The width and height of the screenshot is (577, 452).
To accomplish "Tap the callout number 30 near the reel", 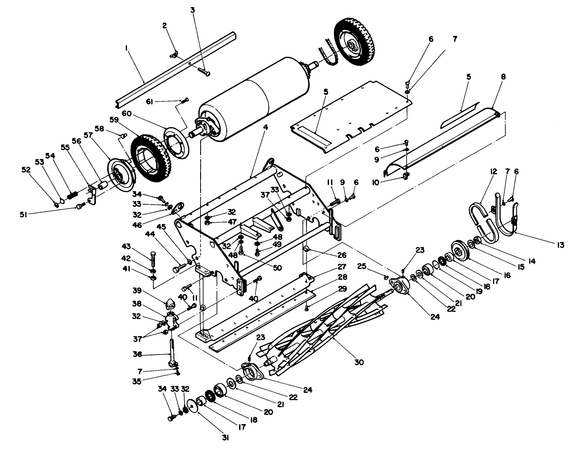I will coord(359,362).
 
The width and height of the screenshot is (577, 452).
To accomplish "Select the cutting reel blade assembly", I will coord(328,328).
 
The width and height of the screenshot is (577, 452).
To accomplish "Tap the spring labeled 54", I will coord(73,194).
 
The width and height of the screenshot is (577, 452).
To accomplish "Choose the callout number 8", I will coord(503,77).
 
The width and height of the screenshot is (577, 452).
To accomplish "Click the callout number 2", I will coord(165,26).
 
